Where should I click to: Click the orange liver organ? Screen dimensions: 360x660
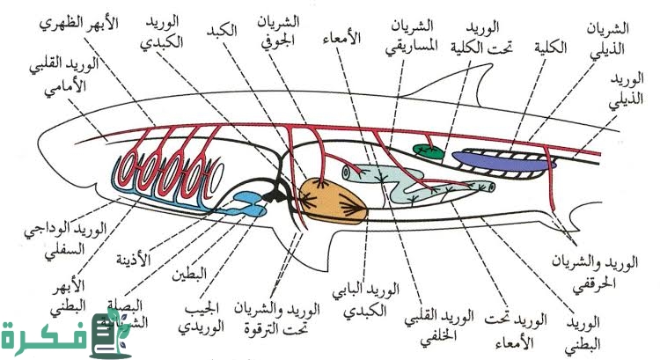tap(333, 201)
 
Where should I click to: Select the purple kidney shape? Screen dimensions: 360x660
tap(504, 158)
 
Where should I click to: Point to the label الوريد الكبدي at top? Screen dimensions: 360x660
tap(163, 34)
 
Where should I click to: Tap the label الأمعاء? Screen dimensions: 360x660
tap(345, 39)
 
